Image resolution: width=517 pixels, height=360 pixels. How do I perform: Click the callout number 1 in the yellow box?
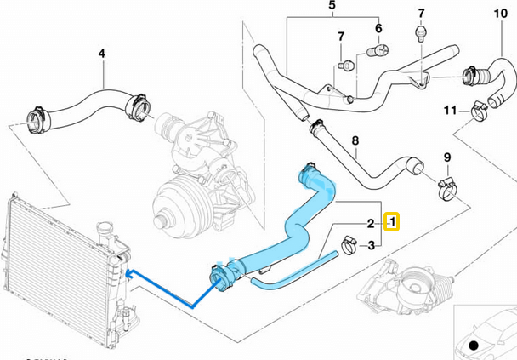tap(393, 223)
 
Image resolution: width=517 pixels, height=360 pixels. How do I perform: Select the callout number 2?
tap(371, 224)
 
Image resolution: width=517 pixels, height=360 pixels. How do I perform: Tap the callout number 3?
tap(371, 246)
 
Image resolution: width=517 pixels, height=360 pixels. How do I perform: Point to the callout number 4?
tap(100, 55)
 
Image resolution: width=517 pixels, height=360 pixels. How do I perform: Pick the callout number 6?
tap(378, 28)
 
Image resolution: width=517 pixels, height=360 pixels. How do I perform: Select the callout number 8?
tap(355, 140)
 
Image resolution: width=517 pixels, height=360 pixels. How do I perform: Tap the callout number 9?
tap(446, 157)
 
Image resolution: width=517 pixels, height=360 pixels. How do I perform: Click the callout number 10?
tap(499, 14)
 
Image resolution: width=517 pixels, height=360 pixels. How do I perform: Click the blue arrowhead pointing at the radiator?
tap(129, 273)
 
